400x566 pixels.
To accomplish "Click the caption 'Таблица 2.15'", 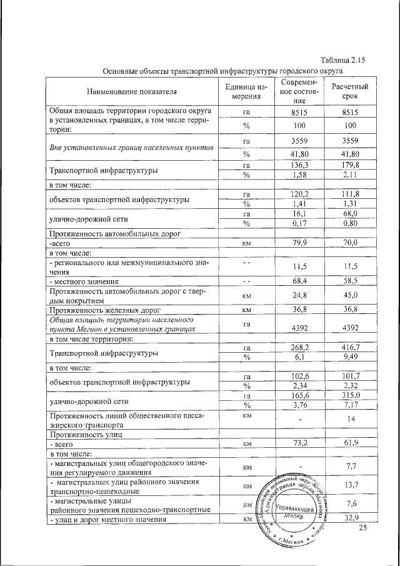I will click(341, 60).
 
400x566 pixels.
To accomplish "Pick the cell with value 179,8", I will click(349, 164).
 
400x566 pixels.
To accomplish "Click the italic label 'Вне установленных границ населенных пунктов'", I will click(132, 148).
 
